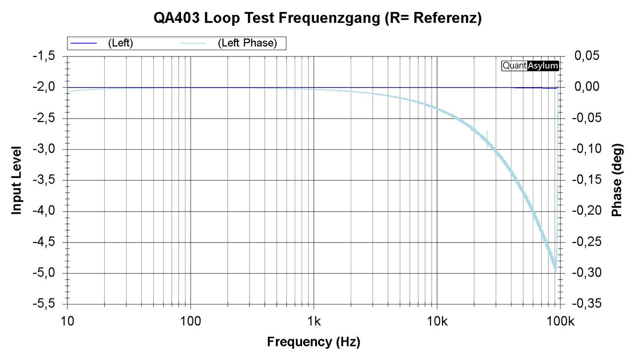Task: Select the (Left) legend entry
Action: [x=120, y=43]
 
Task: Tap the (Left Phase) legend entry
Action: [x=247, y=43]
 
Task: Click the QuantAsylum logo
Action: [x=530, y=65]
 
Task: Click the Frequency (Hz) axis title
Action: [x=314, y=342]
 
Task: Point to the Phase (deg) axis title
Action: [x=617, y=180]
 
